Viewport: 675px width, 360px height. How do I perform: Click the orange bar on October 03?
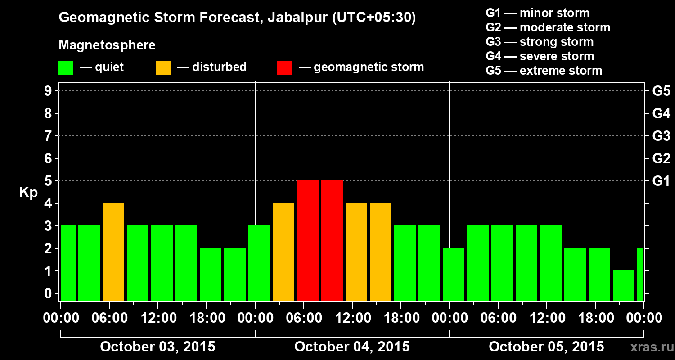113,252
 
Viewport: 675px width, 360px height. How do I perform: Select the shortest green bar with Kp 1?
624,285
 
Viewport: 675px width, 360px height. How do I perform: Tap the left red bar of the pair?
308,240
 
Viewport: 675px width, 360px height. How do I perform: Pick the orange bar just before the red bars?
283,252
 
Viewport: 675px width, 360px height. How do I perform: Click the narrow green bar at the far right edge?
640,274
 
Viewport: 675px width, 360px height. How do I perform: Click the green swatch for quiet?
66,68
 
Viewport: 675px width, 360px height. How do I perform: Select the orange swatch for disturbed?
163,68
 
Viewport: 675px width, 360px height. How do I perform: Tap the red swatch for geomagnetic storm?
284,68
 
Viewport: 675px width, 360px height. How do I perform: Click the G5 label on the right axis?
661,91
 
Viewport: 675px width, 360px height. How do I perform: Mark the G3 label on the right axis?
661,136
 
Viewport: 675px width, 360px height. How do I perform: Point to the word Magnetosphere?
107,45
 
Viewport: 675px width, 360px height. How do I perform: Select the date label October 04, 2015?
352,347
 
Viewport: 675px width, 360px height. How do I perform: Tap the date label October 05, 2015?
546,347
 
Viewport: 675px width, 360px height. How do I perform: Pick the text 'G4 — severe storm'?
540,56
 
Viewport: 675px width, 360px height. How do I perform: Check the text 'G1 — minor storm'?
538,13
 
